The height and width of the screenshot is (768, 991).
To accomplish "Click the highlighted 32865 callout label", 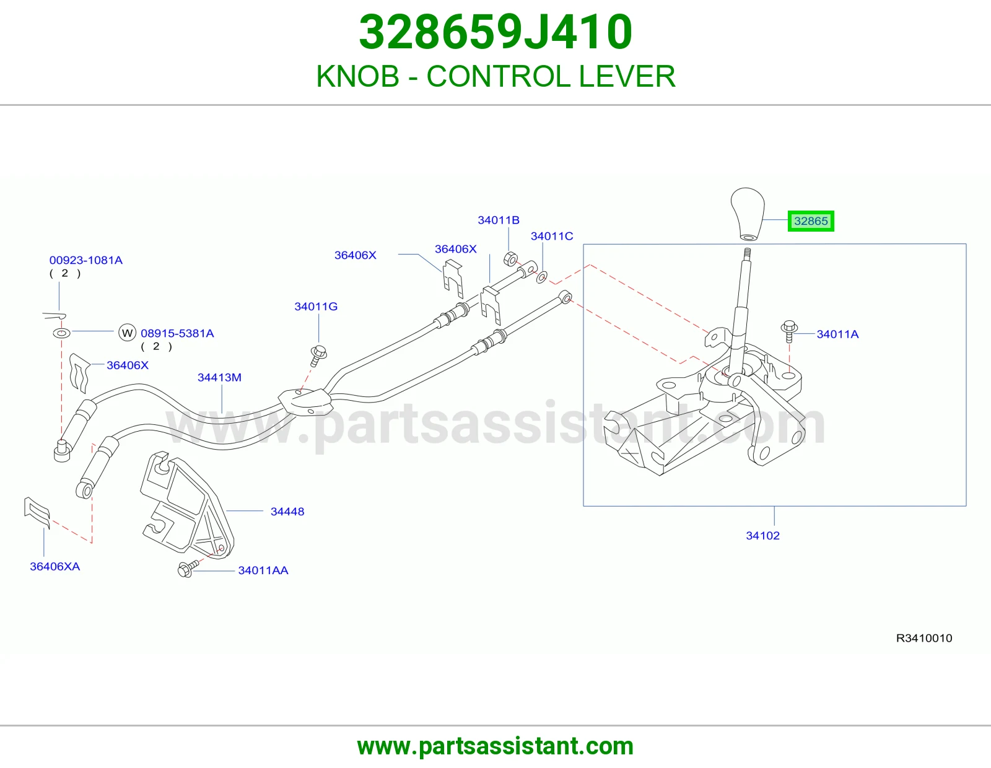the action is pos(811,221).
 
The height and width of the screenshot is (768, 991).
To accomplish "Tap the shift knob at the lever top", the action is pos(748,214).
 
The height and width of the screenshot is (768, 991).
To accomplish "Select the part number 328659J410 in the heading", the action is pos(495,32).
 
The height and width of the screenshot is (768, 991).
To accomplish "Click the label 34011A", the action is pos(837,334).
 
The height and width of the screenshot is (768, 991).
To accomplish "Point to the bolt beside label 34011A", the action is pos(789,331).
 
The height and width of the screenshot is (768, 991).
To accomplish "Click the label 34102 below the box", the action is pos(762,535).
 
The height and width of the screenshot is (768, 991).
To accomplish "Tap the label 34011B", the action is pos(499,220).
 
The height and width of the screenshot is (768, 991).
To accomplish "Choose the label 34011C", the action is pos(552,236).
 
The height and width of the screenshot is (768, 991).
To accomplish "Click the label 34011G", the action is pos(316,307).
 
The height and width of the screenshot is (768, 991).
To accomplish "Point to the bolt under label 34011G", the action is pos(318,356).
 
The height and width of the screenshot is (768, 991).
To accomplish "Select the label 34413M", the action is pos(219,378).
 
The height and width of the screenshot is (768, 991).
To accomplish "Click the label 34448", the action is pos(287,512).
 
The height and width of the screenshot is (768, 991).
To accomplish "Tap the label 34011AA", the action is pos(263,570).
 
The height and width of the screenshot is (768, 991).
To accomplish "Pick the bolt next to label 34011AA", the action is pos(188,569).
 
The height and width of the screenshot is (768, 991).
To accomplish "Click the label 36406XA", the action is pos(55,567).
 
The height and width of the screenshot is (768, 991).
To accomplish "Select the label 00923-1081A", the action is pos(85,260).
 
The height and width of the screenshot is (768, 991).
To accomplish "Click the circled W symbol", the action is pos(127,333).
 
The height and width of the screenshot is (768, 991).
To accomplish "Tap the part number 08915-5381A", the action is pos(177,333).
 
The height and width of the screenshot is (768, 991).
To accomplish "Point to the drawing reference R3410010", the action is pos(924,638).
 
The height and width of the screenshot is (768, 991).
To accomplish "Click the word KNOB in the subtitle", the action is pos(357,76).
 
